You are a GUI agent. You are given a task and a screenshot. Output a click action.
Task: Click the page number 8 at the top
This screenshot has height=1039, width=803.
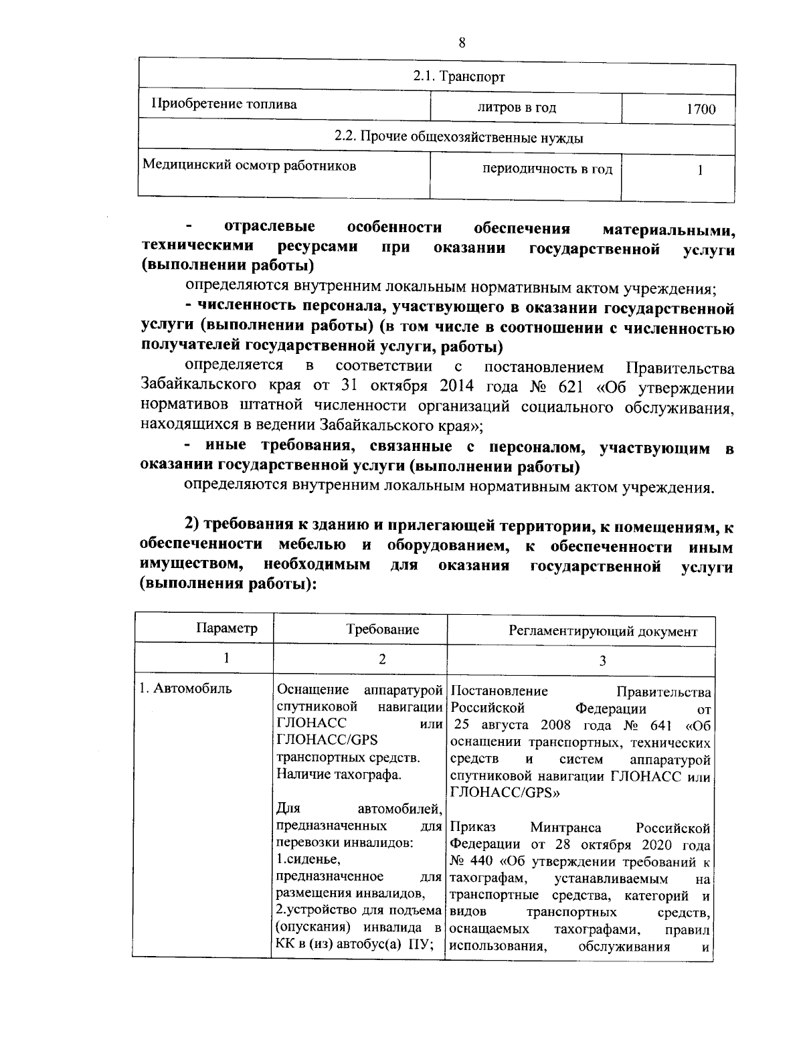462,43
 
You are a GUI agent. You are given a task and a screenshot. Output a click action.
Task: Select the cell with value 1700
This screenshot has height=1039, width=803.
701,109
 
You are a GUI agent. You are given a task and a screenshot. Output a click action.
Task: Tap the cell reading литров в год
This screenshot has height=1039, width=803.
517,108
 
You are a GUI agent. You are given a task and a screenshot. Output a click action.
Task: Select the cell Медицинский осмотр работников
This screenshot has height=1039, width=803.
250,165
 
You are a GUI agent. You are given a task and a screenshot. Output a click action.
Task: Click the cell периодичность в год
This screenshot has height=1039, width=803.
547,169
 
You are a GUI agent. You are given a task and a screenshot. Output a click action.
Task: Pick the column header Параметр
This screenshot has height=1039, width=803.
226,629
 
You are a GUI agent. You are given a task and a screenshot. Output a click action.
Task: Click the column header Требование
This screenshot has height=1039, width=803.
382,630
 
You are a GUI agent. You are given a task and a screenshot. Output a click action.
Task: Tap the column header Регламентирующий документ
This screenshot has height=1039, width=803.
603,631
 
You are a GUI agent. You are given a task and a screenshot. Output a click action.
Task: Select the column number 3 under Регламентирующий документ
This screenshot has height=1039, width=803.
602,660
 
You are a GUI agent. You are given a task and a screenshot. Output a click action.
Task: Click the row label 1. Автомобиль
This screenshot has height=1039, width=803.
185,688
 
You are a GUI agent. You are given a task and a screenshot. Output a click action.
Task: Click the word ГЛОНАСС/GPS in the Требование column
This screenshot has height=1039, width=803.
327,740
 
